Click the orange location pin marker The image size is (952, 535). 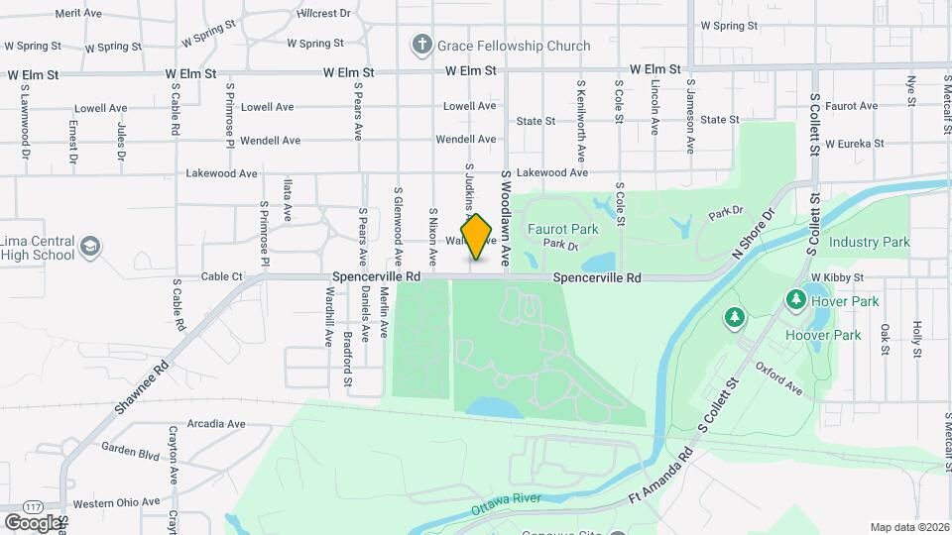point(477,237)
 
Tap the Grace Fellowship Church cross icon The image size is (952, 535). point(421,46)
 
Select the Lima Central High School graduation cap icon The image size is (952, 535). point(90,246)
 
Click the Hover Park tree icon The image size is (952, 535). point(794,298)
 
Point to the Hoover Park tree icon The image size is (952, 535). point(734,317)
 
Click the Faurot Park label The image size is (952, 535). point(562,229)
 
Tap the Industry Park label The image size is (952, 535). point(869,242)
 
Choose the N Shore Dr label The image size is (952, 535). point(751,236)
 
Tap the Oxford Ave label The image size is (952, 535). point(778,377)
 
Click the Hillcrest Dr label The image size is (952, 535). point(323,14)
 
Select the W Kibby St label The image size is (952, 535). point(837,277)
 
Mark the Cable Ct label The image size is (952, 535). point(221,277)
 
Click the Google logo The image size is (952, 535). point(33,522)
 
